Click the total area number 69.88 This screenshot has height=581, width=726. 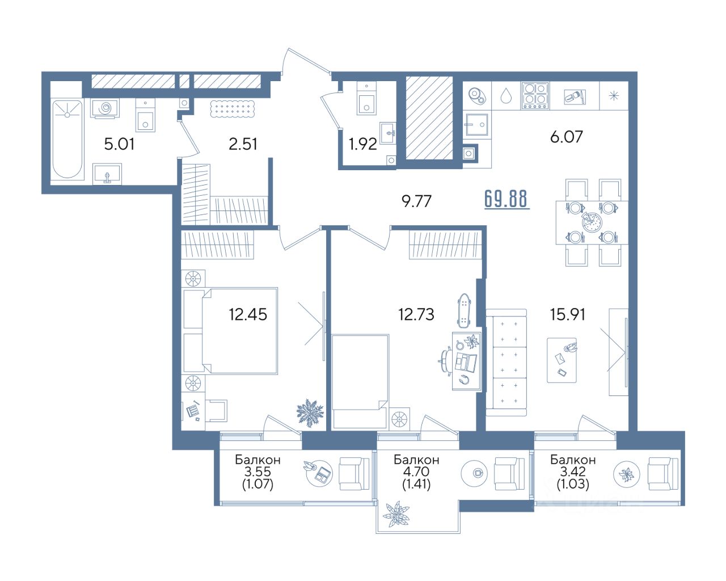[506, 199]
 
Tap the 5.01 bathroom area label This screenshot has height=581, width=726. [119, 144]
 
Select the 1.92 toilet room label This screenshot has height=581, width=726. [362, 144]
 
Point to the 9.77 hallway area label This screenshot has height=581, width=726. [416, 201]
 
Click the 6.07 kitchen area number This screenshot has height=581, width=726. [567, 136]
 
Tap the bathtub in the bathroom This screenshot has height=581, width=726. [67, 139]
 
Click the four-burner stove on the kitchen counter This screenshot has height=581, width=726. [535, 96]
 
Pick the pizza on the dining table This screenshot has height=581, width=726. [592, 222]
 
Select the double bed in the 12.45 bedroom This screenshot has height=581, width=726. [239, 331]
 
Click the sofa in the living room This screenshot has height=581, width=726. [506, 363]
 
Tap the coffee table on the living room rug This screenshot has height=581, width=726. [562, 360]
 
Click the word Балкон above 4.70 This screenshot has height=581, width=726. [416, 460]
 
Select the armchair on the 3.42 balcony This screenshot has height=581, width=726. [663, 473]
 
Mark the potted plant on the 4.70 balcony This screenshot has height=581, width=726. [396, 515]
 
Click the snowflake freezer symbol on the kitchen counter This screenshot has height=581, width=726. [614, 96]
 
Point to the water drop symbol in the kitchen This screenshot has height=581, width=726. [506, 96]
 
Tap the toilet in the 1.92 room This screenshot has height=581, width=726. [366, 99]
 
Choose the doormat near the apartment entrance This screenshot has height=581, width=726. [232, 110]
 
